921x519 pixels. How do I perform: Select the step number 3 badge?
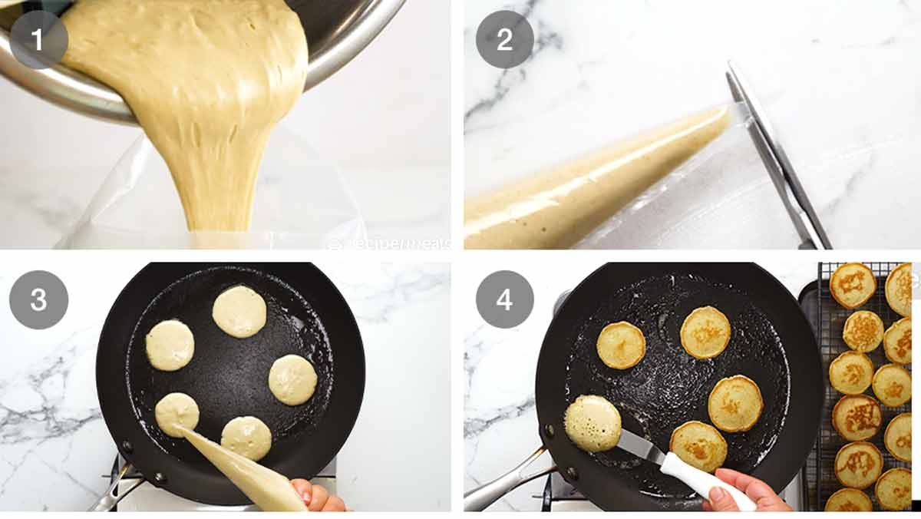click(39, 299)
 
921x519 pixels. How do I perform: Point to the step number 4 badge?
click(504, 299)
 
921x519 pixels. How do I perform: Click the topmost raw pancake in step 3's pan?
click(239, 311)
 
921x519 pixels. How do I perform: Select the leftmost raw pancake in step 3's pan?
click(170, 345)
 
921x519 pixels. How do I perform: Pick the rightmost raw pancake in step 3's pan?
click(292, 379)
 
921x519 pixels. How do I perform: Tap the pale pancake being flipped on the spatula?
click(593, 423)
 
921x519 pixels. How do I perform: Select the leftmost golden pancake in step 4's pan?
click(621, 345)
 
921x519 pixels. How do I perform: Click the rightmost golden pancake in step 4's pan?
click(735, 403)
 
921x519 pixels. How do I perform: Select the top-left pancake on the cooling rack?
click(852, 285)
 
